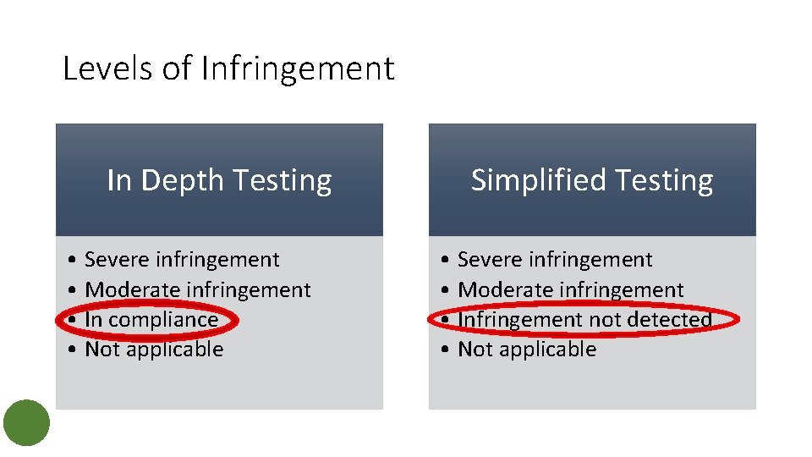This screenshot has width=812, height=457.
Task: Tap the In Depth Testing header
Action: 219,180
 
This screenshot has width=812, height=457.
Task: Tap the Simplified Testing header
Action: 591,180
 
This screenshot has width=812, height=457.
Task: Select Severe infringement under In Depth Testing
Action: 182,260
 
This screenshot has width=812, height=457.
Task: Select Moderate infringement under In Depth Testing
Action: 198,289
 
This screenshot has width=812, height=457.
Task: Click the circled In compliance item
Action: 151,320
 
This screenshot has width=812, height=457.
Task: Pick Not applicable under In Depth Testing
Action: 154,350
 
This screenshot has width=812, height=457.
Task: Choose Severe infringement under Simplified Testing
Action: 555,260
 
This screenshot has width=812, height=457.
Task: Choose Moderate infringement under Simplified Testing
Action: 571,289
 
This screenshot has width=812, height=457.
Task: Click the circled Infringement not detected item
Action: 584,320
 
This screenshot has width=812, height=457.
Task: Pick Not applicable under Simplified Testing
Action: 527,350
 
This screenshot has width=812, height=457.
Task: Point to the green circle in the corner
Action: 27,422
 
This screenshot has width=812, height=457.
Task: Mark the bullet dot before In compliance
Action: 75,320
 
